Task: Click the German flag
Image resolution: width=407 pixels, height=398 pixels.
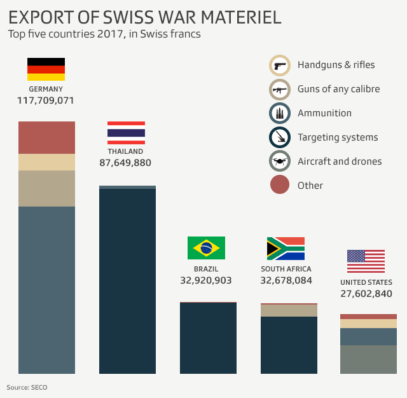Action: [x=46, y=69]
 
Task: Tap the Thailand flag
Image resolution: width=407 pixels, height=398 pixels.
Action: [x=126, y=132]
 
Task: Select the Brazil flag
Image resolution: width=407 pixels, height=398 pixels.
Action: [x=206, y=248]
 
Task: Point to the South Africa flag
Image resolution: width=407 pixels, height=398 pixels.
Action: [x=286, y=249]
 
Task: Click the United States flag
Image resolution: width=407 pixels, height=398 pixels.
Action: [x=366, y=261]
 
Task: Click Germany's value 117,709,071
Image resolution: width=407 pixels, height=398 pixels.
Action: [x=46, y=100]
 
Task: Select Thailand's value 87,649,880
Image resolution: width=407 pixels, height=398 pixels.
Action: [x=125, y=163]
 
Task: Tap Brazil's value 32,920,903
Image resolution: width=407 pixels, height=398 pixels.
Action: [x=206, y=280]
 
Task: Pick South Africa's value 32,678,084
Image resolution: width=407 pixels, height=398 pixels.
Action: [x=286, y=280]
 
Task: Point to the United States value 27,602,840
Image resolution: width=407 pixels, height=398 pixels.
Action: [x=366, y=293]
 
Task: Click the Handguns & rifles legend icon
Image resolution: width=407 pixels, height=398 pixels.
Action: [x=280, y=65]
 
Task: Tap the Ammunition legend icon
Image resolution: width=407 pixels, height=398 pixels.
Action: [x=280, y=113]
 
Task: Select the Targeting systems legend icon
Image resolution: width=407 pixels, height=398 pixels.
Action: [x=280, y=137]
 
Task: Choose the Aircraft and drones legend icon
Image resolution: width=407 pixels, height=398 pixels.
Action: [x=280, y=161]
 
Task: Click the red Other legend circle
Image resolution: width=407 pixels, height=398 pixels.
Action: [x=280, y=186]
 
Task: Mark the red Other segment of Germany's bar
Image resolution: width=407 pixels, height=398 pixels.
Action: [x=46, y=137]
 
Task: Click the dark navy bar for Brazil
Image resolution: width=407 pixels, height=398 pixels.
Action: [x=208, y=338]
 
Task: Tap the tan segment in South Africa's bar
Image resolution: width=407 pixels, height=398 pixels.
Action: [x=289, y=310]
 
